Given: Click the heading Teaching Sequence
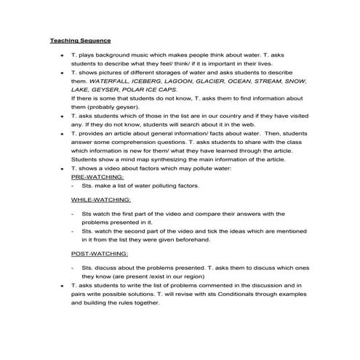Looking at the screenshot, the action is tap(80, 40).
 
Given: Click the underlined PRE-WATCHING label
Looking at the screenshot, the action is tap(97, 177).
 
